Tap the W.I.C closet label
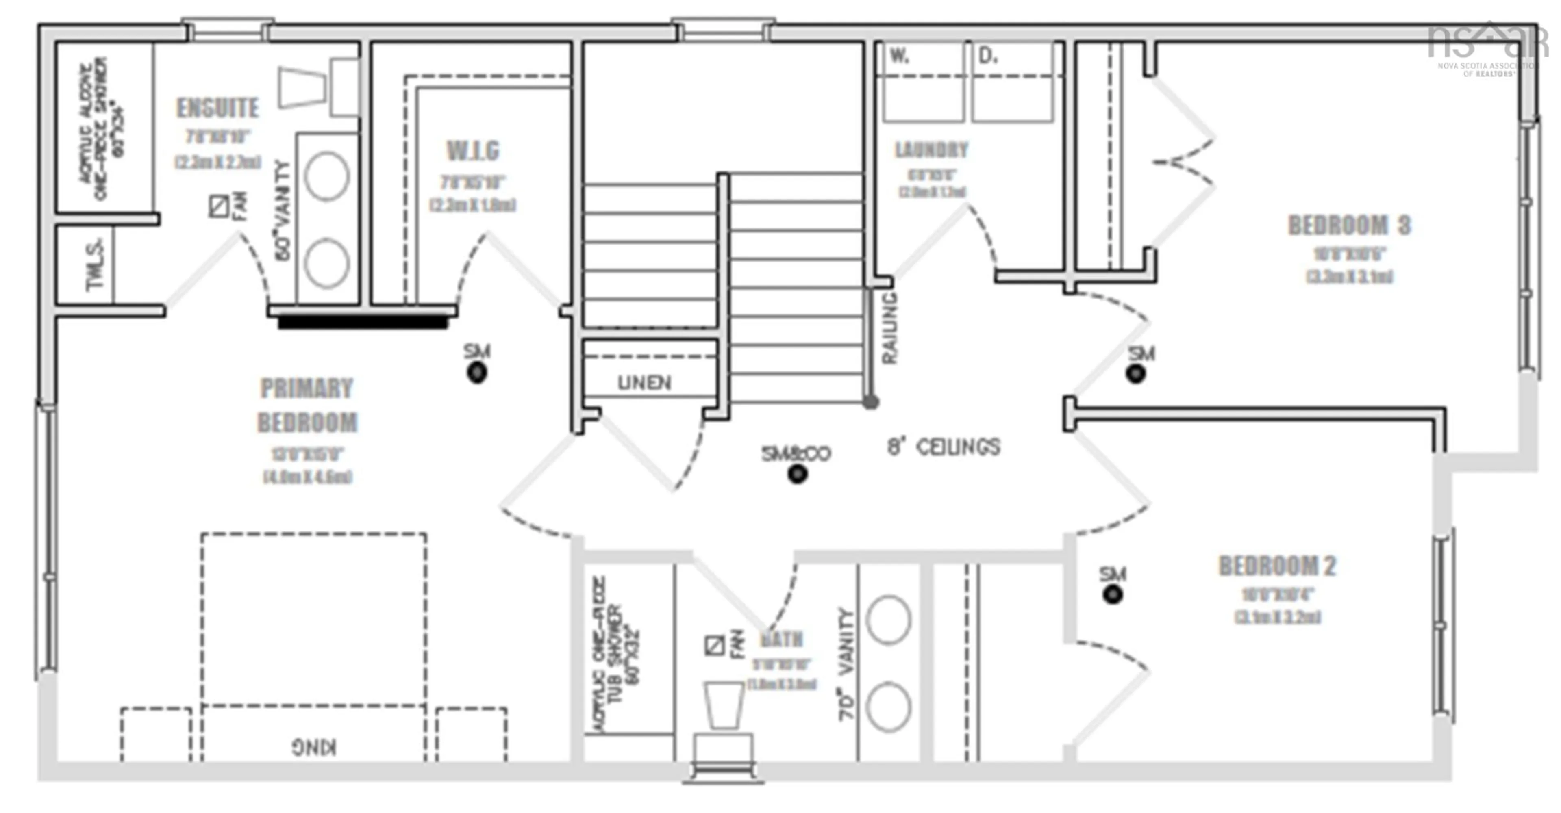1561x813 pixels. [x=473, y=151]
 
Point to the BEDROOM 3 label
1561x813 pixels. [x=1349, y=225]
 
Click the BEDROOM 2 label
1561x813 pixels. [x=1277, y=566]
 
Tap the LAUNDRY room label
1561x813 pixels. [x=931, y=150]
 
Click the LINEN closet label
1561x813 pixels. [x=644, y=383]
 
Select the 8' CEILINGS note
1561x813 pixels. [x=944, y=447]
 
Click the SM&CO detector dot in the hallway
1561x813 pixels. [x=798, y=474]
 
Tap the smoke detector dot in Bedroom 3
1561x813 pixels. [x=1136, y=374]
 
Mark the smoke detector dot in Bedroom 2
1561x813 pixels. [x=1113, y=595]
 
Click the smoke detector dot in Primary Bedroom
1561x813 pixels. [x=477, y=373]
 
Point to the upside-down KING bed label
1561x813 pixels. [x=314, y=747]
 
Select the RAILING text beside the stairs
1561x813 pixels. [x=889, y=328]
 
